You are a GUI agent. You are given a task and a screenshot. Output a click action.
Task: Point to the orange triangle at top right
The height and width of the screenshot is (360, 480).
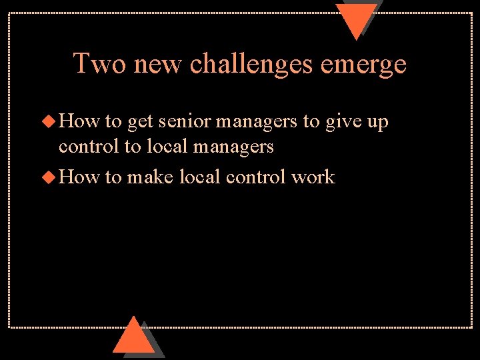(356, 19)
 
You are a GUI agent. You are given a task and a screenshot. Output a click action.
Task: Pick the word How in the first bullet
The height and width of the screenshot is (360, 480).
(78, 122)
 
